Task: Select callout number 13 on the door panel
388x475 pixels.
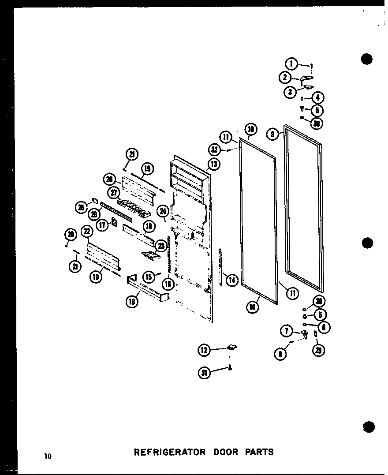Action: [215, 164]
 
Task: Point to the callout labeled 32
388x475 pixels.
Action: [215, 149]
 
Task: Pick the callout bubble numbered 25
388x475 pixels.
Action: [81, 207]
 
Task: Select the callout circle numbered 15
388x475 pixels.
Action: [149, 277]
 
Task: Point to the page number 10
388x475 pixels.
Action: [48, 456]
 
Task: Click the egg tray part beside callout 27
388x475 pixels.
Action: [134, 206]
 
